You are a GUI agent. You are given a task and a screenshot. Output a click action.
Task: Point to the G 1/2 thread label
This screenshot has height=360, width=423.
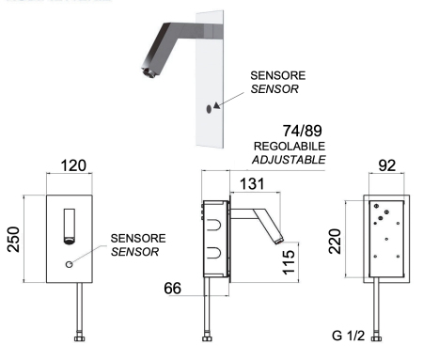coord(350,335)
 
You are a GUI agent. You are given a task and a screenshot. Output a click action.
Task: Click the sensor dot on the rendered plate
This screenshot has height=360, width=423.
coord(209,108)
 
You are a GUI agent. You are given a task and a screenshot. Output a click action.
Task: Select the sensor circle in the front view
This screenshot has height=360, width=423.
coord(70,265)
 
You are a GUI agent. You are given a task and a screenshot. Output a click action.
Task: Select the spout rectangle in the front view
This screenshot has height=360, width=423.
coord(69,227)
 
